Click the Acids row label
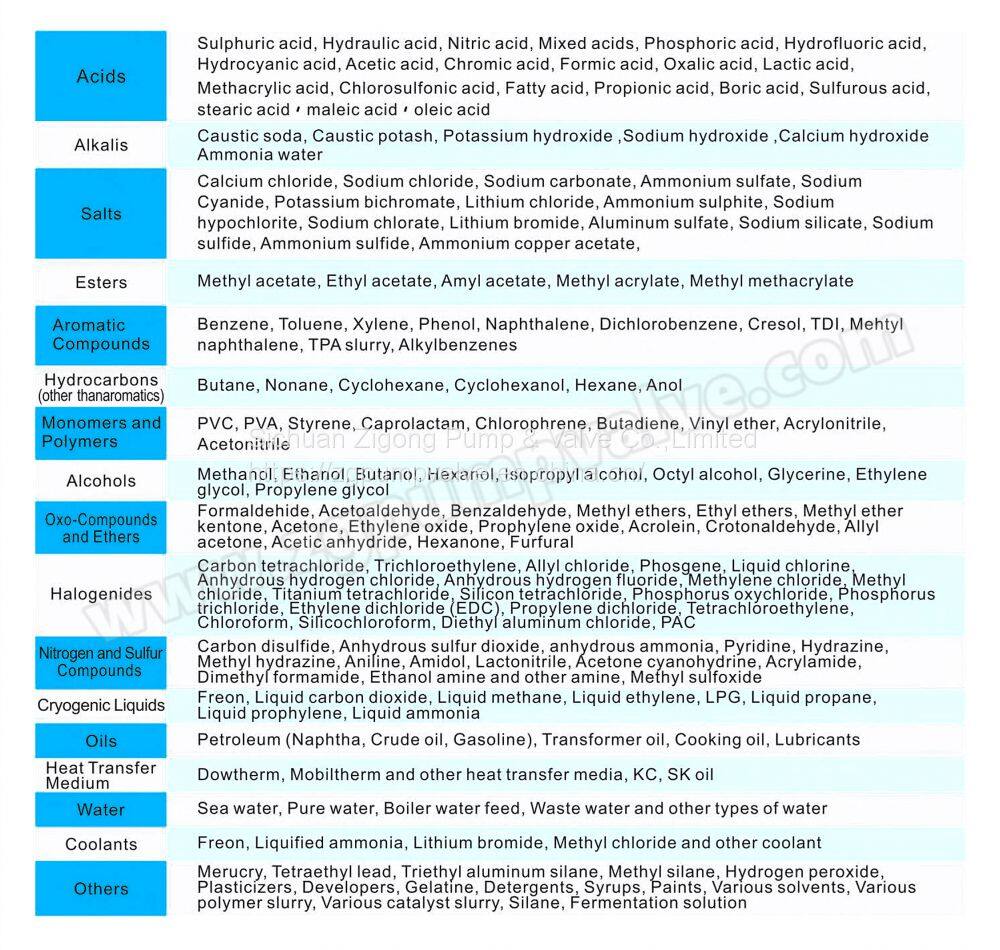pos(101,76)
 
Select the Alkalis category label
pos(101,145)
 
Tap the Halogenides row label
pos(101,594)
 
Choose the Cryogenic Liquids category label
pos(101,705)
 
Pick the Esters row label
pos(101,283)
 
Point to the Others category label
pos(101,888)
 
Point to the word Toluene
pos(310,325)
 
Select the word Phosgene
pos(675,566)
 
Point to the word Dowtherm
pos(238,775)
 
